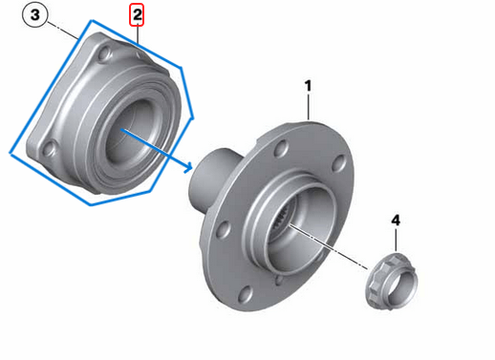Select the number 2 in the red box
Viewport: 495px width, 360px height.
coord(138,15)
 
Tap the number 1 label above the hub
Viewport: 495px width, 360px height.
coord(309,87)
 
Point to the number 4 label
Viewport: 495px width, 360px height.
coord(396,221)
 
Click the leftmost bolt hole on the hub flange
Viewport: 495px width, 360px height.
coord(223,229)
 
